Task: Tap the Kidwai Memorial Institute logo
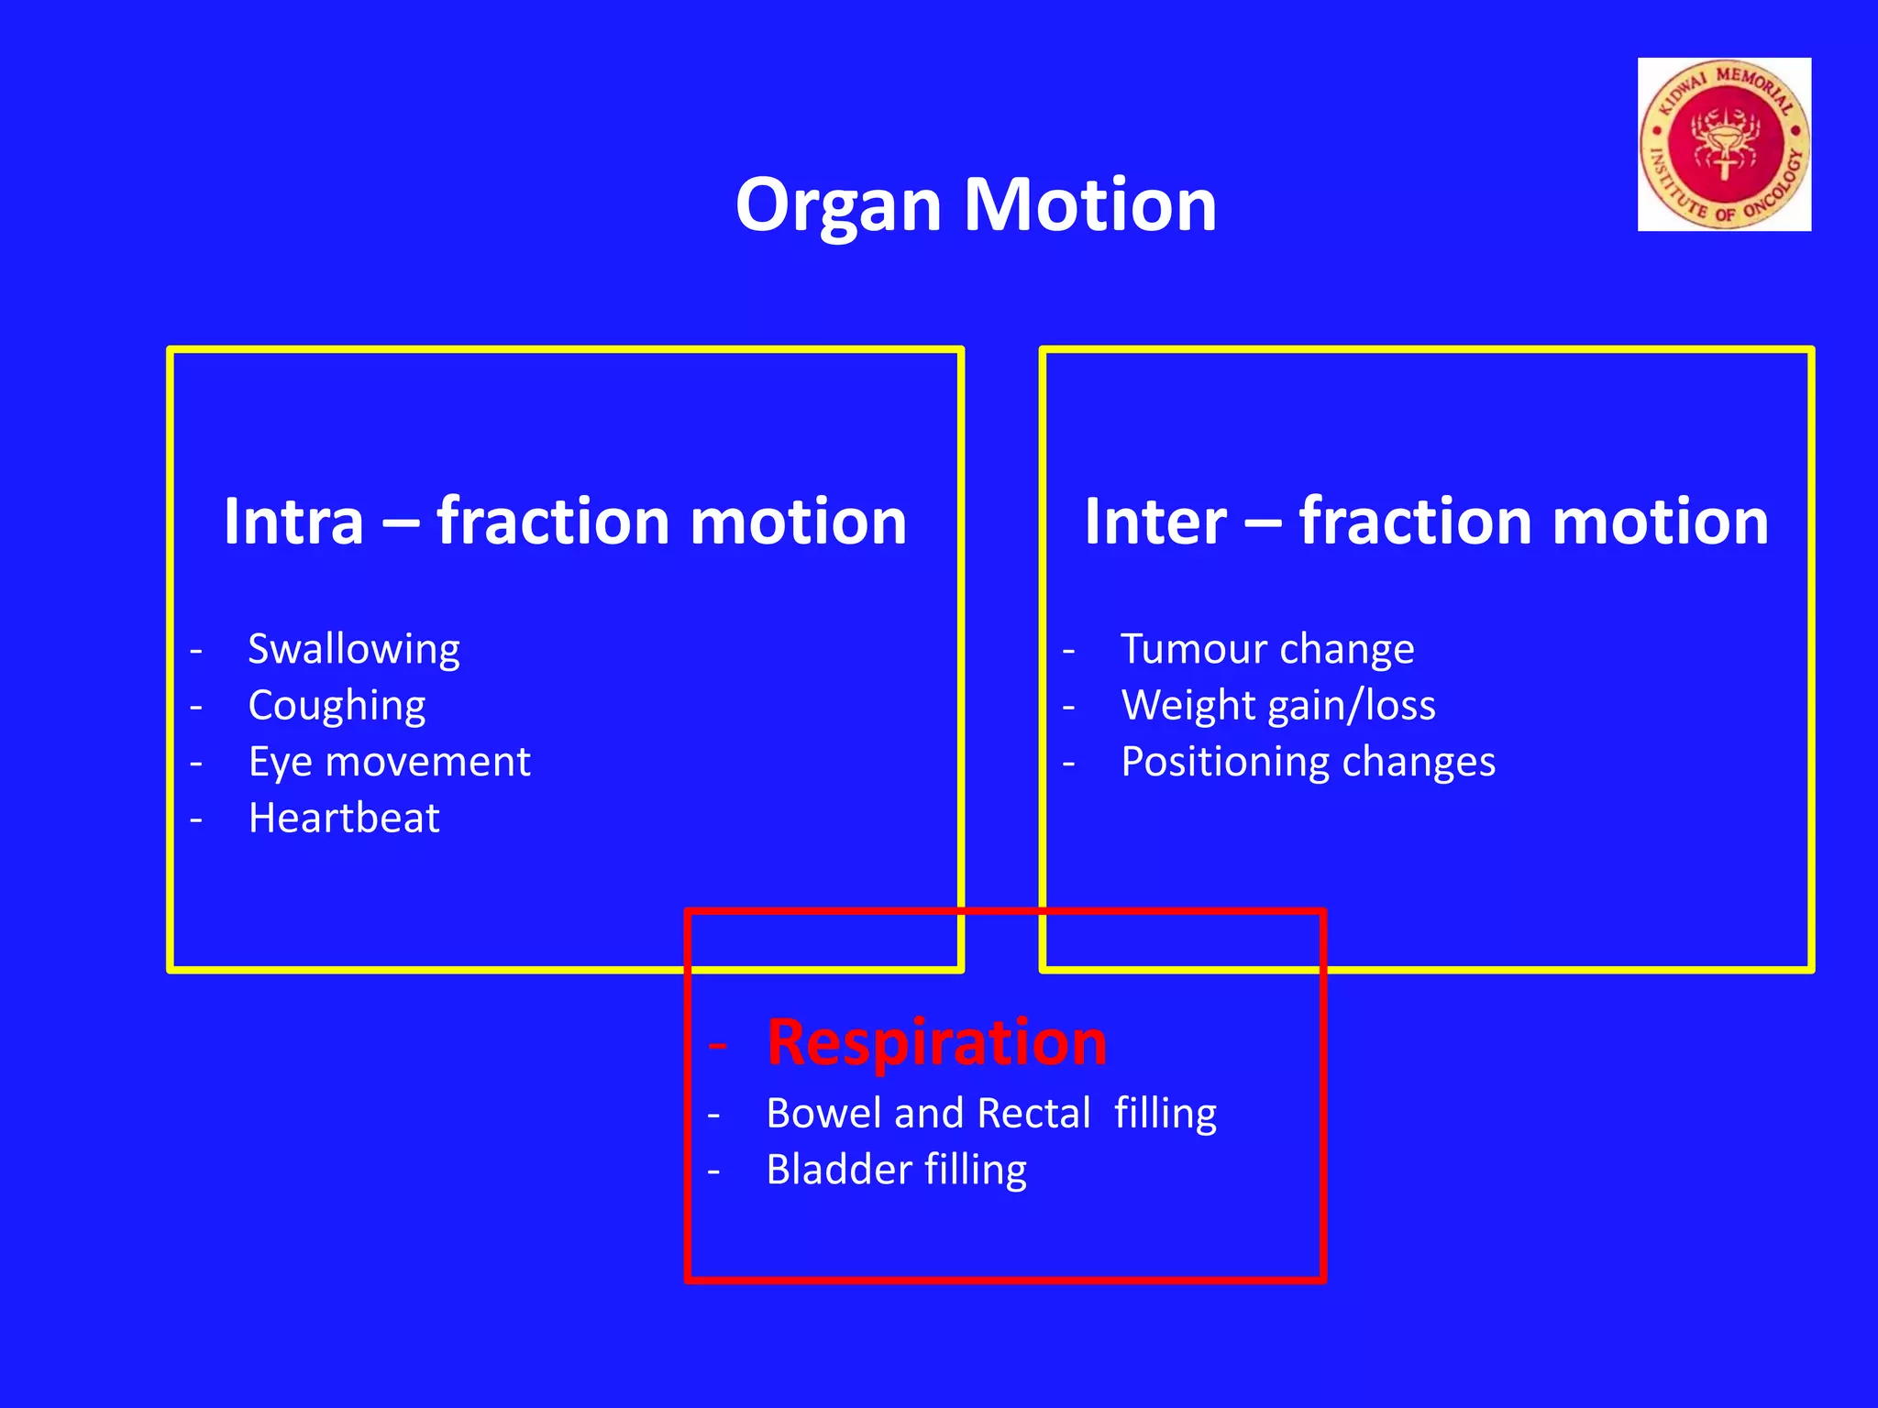tap(1724, 144)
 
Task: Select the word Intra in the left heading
tap(293, 521)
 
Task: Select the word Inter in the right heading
tap(1154, 521)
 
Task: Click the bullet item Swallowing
tap(354, 649)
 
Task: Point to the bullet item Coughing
tap(337, 706)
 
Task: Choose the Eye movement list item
tap(389, 762)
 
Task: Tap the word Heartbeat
tap(344, 818)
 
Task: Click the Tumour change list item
tap(1267, 649)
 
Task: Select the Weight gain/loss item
tap(1277, 706)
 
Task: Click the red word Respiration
tap(936, 1042)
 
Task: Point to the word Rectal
tap(1033, 1113)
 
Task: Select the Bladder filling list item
tap(896, 1170)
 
